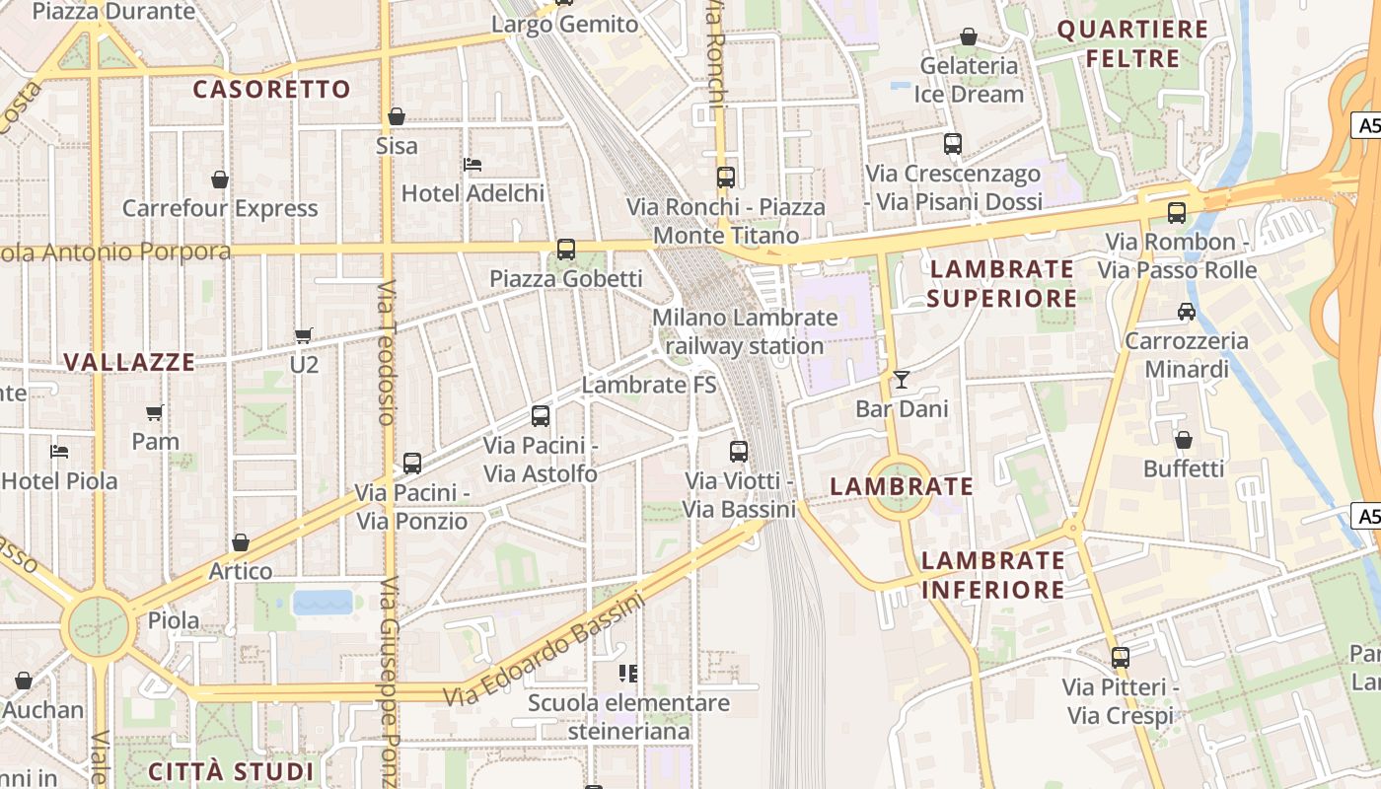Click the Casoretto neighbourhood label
pyautogui.click(x=272, y=90)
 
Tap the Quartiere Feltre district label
pyautogui.click(x=1132, y=43)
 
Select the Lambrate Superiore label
pyautogui.click(x=1002, y=283)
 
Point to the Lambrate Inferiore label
pyautogui.click(x=992, y=575)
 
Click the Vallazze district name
pyautogui.click(x=129, y=362)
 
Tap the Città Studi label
pyautogui.click(x=231, y=771)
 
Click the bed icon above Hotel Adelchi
pyautogui.click(x=472, y=164)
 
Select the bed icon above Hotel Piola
pyautogui.click(x=59, y=452)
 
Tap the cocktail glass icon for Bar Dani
pyautogui.click(x=901, y=379)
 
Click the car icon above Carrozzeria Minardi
pyautogui.click(x=1186, y=312)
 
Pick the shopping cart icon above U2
pyautogui.click(x=304, y=335)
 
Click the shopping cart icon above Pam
pyautogui.click(x=155, y=412)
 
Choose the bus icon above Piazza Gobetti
pyautogui.click(x=566, y=250)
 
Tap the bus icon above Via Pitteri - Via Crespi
pyautogui.click(x=1120, y=657)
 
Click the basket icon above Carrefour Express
pyautogui.click(x=220, y=179)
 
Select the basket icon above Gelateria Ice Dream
pyautogui.click(x=969, y=36)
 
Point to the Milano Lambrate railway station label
pyautogui.click(x=745, y=331)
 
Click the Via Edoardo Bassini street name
pyautogui.click(x=543, y=649)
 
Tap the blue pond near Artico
pyautogui.click(x=323, y=602)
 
